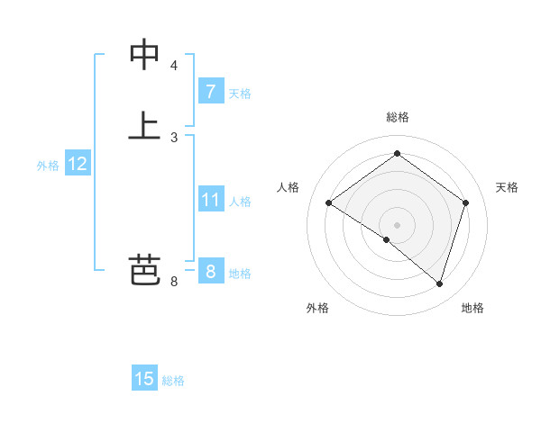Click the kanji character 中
pyautogui.click(x=144, y=55)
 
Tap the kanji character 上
pyautogui.click(x=144, y=125)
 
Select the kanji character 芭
pyautogui.click(x=144, y=270)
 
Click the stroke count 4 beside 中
pyautogui.click(x=174, y=66)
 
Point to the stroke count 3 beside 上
pyautogui.click(x=174, y=137)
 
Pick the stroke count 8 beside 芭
pyautogui.click(x=174, y=282)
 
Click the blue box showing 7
pyautogui.click(x=210, y=91)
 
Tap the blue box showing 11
pyautogui.click(x=210, y=199)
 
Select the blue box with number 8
pyautogui.click(x=210, y=271)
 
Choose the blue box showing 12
pyautogui.click(x=78, y=164)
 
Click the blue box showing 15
pyautogui.click(x=144, y=379)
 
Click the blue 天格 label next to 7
pyautogui.click(x=240, y=93)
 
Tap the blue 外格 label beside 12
pyautogui.click(x=48, y=166)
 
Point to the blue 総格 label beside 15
pyautogui.click(x=173, y=381)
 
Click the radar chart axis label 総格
pyautogui.click(x=397, y=117)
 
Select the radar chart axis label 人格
pyautogui.click(x=289, y=187)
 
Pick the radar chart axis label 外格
pyautogui.click(x=317, y=308)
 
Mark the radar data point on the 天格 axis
pyautogui.click(x=465, y=202)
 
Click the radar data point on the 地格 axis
pyautogui.click(x=439, y=283)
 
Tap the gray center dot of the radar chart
pyautogui.click(x=397, y=224)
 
